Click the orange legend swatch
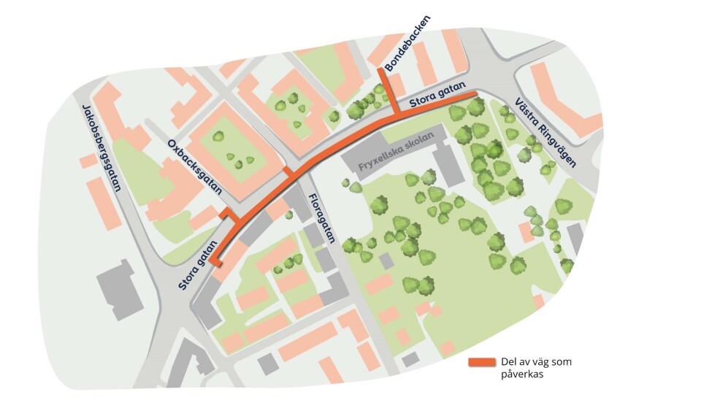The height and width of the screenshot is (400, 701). point(481,363)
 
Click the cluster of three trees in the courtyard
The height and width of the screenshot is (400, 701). point(239,158)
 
